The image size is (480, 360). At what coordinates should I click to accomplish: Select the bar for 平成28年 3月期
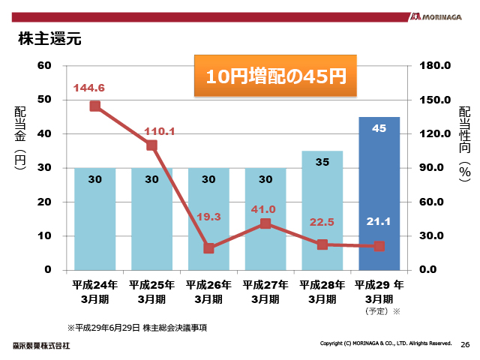click(322, 210)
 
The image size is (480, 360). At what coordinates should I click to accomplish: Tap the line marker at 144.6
click(95, 106)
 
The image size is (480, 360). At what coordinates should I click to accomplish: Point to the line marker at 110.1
click(151, 145)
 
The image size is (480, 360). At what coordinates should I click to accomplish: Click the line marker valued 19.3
click(208, 248)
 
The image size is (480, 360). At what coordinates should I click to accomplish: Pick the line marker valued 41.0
click(265, 223)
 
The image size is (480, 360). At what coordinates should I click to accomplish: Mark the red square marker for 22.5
click(322, 244)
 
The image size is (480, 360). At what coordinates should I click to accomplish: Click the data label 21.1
click(379, 220)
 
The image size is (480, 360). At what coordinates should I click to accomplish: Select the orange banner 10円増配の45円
click(275, 76)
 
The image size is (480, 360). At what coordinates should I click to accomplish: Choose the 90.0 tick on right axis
click(434, 168)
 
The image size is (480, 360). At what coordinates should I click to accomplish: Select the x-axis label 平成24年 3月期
click(95, 292)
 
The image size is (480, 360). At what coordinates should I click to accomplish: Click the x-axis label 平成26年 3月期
click(208, 292)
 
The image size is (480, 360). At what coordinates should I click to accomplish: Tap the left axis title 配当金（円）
click(20, 139)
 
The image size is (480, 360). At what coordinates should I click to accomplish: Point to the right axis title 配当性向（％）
click(464, 142)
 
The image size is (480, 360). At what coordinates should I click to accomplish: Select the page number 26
click(465, 345)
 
